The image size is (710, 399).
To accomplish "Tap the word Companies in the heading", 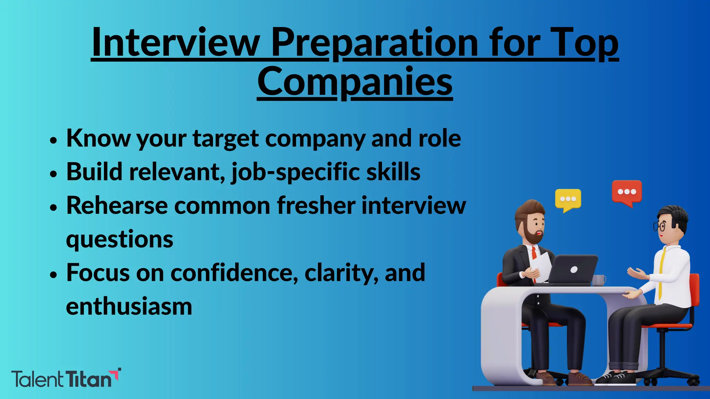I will click(x=355, y=82).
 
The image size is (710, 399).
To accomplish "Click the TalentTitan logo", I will click(x=66, y=378).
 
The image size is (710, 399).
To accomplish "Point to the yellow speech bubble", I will click(x=568, y=200).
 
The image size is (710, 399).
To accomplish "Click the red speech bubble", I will click(x=627, y=192).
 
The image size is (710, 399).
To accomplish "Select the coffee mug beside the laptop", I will click(x=599, y=280).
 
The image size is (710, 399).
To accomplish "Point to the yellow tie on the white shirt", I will click(x=661, y=274).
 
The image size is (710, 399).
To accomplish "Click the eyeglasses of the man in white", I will click(x=659, y=227).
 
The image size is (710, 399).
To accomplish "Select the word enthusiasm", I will click(x=129, y=307).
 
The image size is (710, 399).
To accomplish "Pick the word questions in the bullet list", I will click(x=120, y=240).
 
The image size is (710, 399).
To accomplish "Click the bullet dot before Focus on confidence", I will click(x=53, y=275).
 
